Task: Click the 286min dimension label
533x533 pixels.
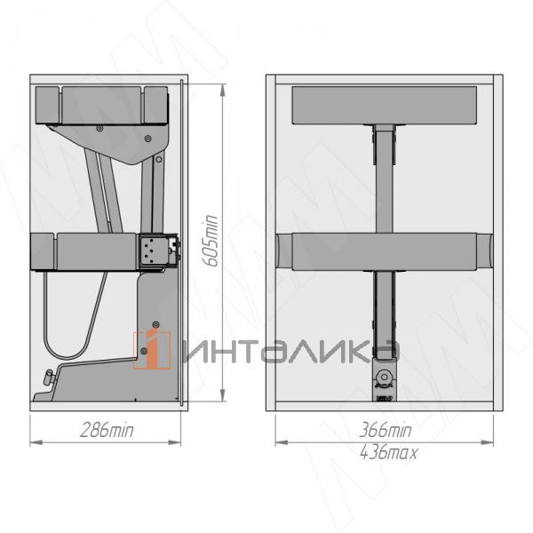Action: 107,431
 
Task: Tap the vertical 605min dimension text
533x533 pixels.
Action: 210,241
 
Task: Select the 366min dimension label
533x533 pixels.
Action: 386,430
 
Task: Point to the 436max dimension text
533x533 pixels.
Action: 388,453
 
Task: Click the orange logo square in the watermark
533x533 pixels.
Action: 152,350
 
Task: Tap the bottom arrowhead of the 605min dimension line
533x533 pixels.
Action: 223,395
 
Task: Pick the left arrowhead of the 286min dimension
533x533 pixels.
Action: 36,442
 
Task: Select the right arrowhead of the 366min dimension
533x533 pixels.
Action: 487,442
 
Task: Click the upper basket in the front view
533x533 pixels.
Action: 385,106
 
